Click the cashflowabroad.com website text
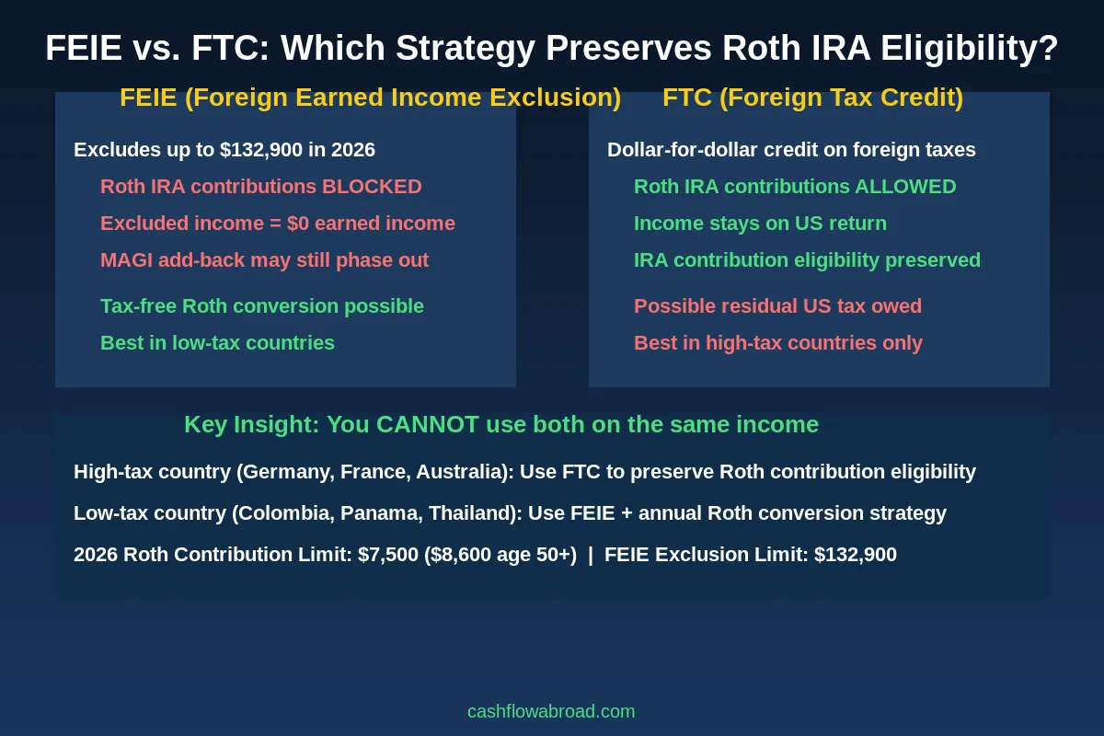tap(551, 711)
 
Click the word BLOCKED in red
tap(372, 187)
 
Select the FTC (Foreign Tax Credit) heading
tap(812, 98)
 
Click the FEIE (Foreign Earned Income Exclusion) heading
tap(370, 98)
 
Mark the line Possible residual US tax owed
tap(777, 306)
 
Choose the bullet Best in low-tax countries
tap(217, 343)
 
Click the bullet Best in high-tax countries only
tap(777, 343)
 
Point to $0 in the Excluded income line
tap(298, 224)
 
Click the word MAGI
tap(126, 260)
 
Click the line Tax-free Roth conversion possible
tap(262, 306)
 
